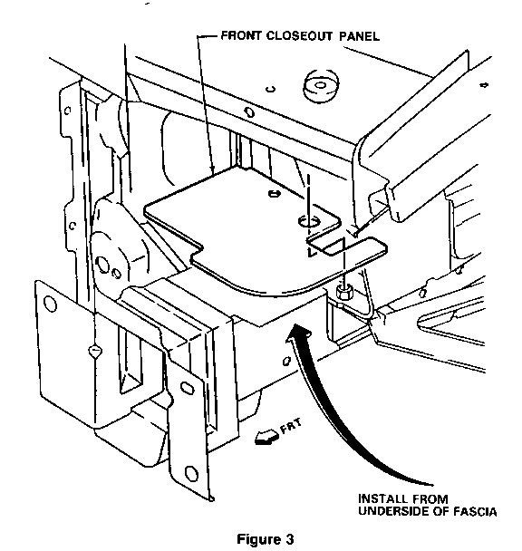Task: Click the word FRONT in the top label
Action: pos(241,35)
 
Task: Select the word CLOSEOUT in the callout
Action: pos(298,36)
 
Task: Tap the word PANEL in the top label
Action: pos(359,36)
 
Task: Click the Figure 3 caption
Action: pos(266,538)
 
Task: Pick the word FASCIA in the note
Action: pos(475,511)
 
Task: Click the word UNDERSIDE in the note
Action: pos(393,511)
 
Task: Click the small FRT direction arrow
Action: pos(266,438)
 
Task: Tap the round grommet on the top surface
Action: pos(321,85)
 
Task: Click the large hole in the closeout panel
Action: pos(309,222)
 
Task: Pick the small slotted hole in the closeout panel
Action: pos(274,193)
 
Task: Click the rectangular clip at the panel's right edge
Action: pos(347,246)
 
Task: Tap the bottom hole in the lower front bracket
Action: pos(191,473)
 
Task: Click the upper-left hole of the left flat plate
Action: pos(50,304)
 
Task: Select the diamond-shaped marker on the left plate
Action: pos(95,351)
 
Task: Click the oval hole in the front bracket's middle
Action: pos(187,387)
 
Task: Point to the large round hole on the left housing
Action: pos(102,265)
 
